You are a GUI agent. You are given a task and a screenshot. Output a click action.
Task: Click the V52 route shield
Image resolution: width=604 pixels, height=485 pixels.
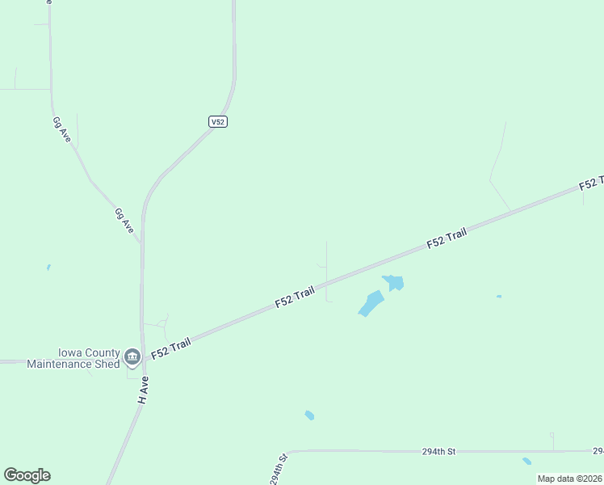click(x=216, y=121)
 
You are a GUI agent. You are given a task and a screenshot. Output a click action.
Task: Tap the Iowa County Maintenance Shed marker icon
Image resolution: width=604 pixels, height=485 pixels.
click(x=132, y=356)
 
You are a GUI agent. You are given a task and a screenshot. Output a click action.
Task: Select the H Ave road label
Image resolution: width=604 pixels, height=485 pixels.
click(x=144, y=394)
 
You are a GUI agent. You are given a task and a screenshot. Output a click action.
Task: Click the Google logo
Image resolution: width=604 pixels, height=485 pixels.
click(x=27, y=475)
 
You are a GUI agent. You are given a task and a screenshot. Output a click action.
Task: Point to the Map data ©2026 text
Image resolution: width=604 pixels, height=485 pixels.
click(x=570, y=479)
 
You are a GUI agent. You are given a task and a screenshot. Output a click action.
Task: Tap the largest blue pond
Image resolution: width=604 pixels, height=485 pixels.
click(x=371, y=304)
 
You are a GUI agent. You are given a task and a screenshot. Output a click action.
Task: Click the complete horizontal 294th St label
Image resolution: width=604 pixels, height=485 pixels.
click(x=439, y=450)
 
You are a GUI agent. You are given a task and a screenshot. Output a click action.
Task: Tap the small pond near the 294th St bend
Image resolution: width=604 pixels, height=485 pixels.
click(x=309, y=415)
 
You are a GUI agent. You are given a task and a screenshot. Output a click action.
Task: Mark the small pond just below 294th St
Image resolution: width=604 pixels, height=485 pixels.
click(x=526, y=462)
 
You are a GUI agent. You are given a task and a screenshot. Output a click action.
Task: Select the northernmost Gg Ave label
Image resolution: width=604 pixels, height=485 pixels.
click(x=61, y=129)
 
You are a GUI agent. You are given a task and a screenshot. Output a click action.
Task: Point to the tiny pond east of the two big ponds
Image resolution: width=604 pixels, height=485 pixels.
click(x=498, y=297)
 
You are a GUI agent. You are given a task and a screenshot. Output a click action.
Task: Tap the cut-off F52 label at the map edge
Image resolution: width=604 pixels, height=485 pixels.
click(x=592, y=183)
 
